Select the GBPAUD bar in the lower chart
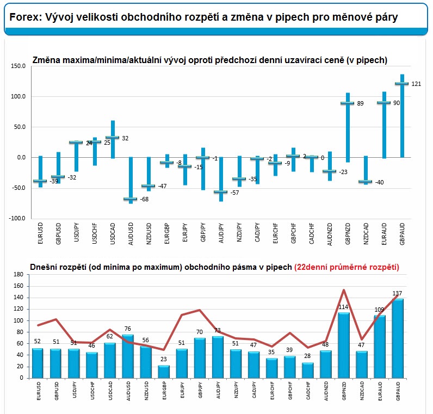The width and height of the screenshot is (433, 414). (399, 338)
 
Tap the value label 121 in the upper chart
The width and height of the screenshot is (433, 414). (416, 84)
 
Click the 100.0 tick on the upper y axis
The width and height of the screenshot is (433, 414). (18, 97)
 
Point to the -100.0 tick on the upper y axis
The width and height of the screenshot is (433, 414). (17, 219)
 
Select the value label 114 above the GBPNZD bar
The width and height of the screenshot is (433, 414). (344, 307)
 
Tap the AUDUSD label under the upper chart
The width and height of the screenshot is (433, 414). (130, 233)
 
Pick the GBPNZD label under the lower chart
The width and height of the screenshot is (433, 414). (344, 393)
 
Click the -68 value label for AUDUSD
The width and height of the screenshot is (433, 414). (145, 199)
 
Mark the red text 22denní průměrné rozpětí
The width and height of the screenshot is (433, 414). (347, 267)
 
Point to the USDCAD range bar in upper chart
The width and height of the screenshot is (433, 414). (112, 139)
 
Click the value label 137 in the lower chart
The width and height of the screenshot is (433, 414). (398, 294)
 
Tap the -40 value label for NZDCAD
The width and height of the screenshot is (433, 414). (379, 182)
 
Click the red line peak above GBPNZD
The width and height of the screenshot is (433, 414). (344, 290)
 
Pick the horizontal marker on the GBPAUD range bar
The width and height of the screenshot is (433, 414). (401, 83)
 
